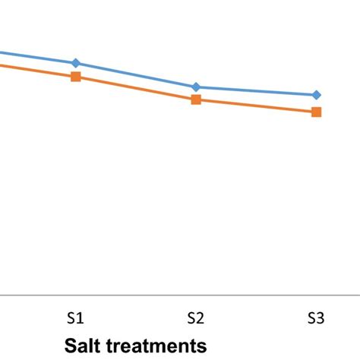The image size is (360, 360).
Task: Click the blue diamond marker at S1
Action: (x=75, y=63)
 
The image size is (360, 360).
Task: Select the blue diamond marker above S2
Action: (x=196, y=87)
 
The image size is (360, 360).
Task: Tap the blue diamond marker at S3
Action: (x=317, y=95)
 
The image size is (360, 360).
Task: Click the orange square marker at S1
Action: (x=75, y=77)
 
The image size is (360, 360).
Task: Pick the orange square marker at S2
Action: (x=196, y=99)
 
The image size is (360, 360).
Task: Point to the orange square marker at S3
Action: (x=317, y=112)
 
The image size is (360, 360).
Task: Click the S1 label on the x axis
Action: (x=75, y=318)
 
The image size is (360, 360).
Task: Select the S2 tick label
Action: (x=196, y=318)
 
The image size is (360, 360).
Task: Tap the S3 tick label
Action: (x=317, y=318)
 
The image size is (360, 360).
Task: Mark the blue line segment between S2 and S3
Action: (x=257, y=91)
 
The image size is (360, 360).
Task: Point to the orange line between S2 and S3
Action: (x=257, y=106)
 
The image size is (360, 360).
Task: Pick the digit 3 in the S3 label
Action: (x=321, y=318)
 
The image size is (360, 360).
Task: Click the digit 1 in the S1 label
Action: (x=80, y=318)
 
